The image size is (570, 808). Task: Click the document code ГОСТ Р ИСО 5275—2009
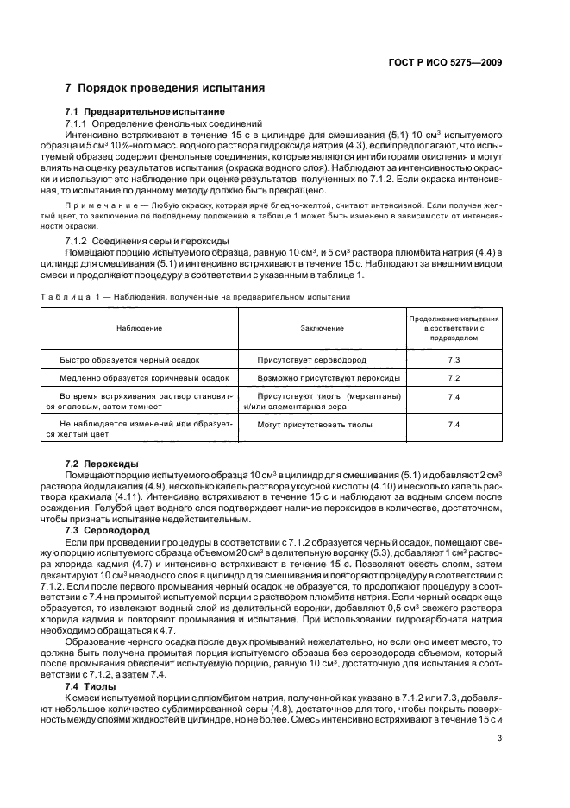point(448,61)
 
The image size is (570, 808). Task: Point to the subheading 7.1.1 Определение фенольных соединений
point(145,123)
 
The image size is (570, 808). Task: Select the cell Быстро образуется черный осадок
point(129,358)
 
